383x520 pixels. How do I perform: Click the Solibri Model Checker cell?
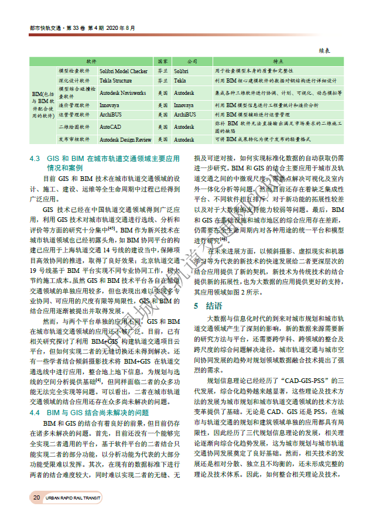[123, 71]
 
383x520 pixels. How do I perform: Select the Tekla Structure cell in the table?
[115, 81]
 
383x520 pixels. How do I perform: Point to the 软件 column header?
[91, 61]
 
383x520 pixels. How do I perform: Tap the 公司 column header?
[191, 61]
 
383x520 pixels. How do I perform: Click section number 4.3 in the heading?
[35, 159]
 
